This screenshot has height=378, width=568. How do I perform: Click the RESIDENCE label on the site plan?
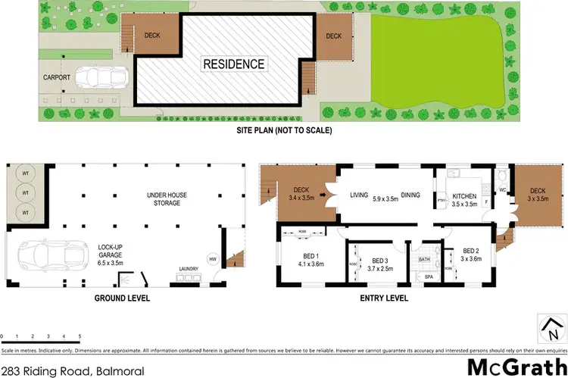point(233,64)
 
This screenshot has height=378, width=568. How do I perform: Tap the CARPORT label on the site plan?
point(57,77)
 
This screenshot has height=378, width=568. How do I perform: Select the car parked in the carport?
point(106,77)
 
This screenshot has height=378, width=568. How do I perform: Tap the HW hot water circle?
point(212,259)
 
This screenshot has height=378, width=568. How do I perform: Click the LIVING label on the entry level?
point(360,195)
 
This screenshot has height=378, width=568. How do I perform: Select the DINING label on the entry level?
point(411,195)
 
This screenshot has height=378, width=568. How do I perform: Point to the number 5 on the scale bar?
point(80,335)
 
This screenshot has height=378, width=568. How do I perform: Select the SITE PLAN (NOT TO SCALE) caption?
point(285,130)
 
